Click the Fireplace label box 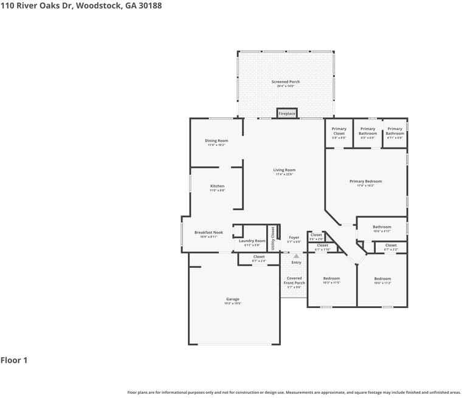pos(287,114)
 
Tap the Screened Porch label pos(285,82)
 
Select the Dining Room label pos(216,141)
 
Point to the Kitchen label pos(217,186)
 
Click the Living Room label pos(284,170)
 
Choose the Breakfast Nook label pos(209,232)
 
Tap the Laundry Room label pos(252,241)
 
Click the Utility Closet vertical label pos(273,238)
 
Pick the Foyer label pos(294,238)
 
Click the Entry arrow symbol pos(296,256)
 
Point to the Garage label pos(233,299)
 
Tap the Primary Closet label pos(339,131)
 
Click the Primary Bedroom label pos(365,181)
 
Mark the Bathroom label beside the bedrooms pos(382,227)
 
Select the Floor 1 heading pos(14,360)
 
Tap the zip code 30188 pos(149,5)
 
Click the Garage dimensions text pos(233,303)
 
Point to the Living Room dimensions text pos(284,174)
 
